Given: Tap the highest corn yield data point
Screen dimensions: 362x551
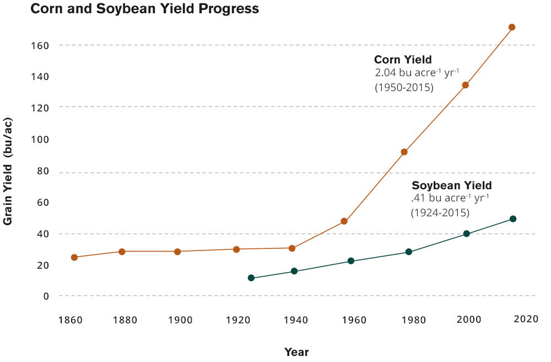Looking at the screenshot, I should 512,27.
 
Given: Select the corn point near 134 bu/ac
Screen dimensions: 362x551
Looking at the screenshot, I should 466,85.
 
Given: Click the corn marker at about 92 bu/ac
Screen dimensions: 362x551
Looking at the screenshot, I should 404,152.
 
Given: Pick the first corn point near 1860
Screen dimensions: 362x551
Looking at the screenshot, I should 74,257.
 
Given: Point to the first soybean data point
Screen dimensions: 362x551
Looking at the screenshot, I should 251,278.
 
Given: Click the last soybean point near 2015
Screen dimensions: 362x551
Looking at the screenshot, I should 513,219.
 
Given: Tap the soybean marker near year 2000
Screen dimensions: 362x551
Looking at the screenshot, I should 467,233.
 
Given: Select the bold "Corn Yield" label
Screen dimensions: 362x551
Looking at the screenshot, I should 403,60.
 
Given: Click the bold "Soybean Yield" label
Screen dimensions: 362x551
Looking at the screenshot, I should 452,185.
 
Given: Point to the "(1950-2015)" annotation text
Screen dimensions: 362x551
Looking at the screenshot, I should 404,87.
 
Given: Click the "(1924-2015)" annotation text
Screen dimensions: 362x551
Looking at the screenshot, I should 440,212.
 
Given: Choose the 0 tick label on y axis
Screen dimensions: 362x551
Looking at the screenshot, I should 46,296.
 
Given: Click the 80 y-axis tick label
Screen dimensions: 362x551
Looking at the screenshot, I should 42,171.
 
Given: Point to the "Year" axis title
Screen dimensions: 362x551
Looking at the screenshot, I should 296,352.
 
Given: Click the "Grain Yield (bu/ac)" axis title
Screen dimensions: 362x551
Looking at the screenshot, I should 8,171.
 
